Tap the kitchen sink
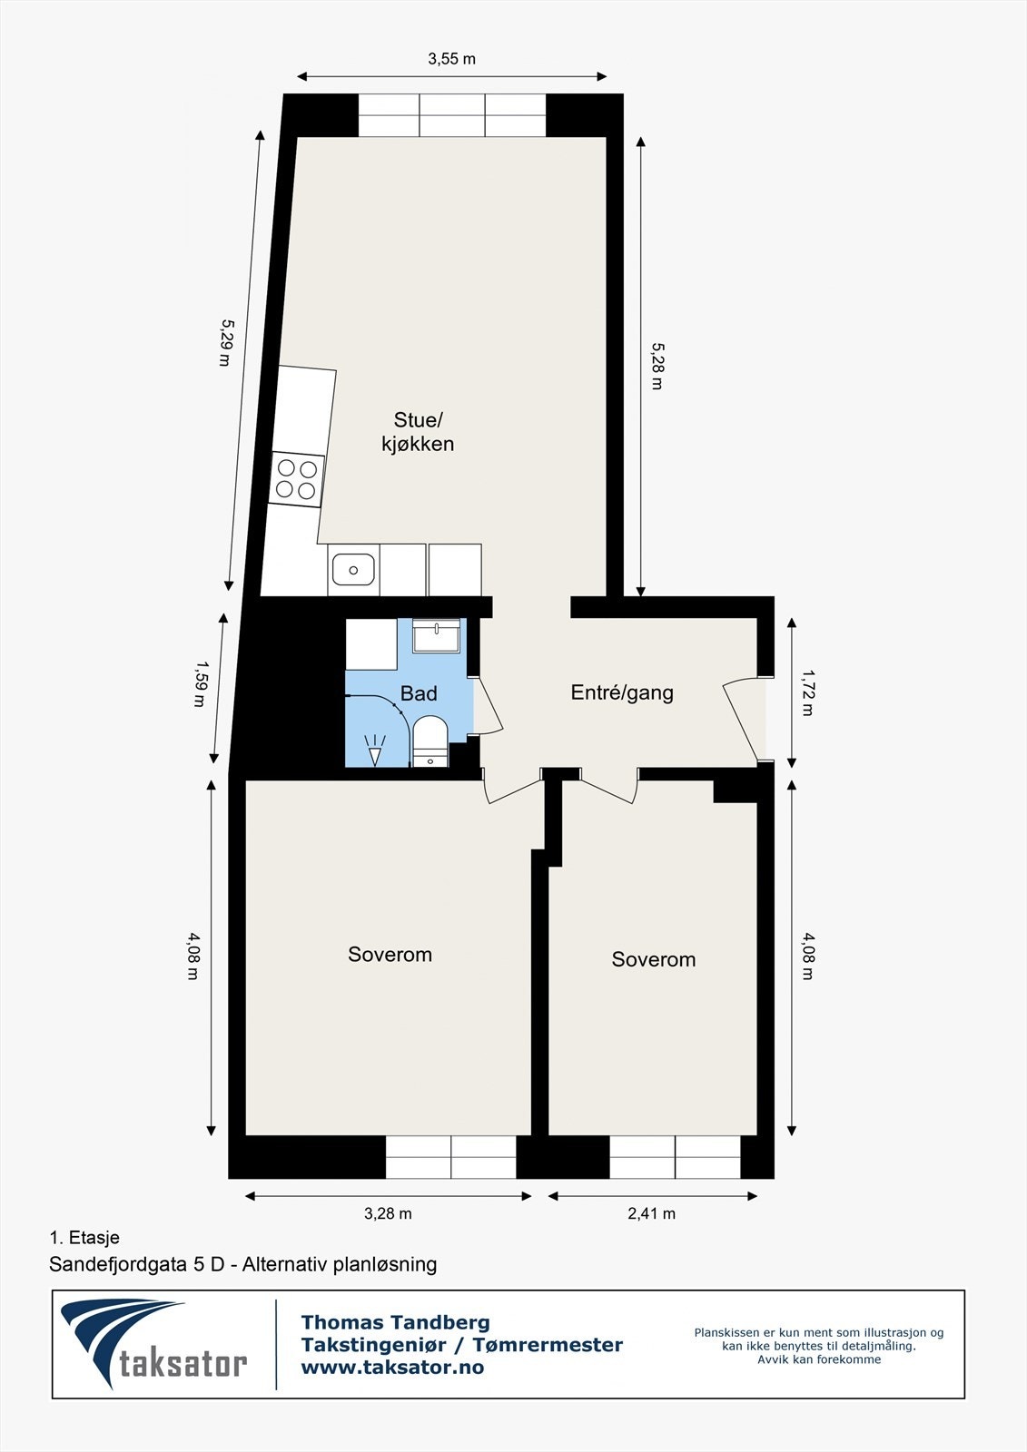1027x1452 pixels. tap(353, 571)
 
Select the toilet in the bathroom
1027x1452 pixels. tap(430, 741)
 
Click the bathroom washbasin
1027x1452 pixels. tap(437, 635)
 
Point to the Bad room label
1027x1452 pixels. tap(419, 693)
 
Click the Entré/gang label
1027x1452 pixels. tap(622, 692)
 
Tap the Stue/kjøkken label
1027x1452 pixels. tap(418, 432)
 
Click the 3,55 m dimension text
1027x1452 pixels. tap(451, 59)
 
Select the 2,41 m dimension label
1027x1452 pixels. tap(651, 1213)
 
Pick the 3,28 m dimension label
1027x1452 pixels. tap(388, 1213)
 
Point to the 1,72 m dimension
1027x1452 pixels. tap(807, 692)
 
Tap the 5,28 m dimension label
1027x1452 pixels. tap(657, 366)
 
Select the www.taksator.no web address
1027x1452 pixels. tap(392, 1368)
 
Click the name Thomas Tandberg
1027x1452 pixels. tap(395, 1322)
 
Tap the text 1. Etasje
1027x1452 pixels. tap(84, 1237)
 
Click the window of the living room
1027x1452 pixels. tap(451, 115)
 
